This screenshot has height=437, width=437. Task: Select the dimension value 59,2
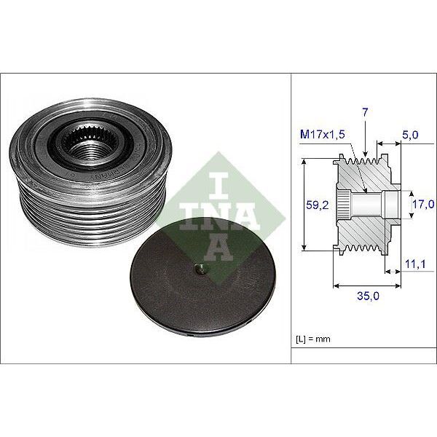click(x=315, y=205)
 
